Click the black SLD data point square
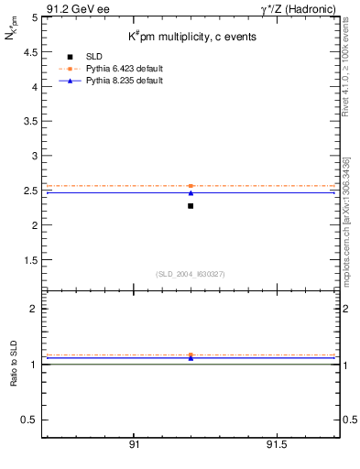click(x=191, y=206)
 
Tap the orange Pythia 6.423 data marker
click(x=191, y=186)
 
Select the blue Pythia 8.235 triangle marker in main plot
click(x=191, y=192)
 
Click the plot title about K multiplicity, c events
click(x=191, y=37)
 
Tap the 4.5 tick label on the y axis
click(x=30, y=52)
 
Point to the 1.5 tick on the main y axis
click(x=30, y=260)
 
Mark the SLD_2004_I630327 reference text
click(x=191, y=274)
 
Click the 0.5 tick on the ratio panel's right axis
click(x=348, y=420)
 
